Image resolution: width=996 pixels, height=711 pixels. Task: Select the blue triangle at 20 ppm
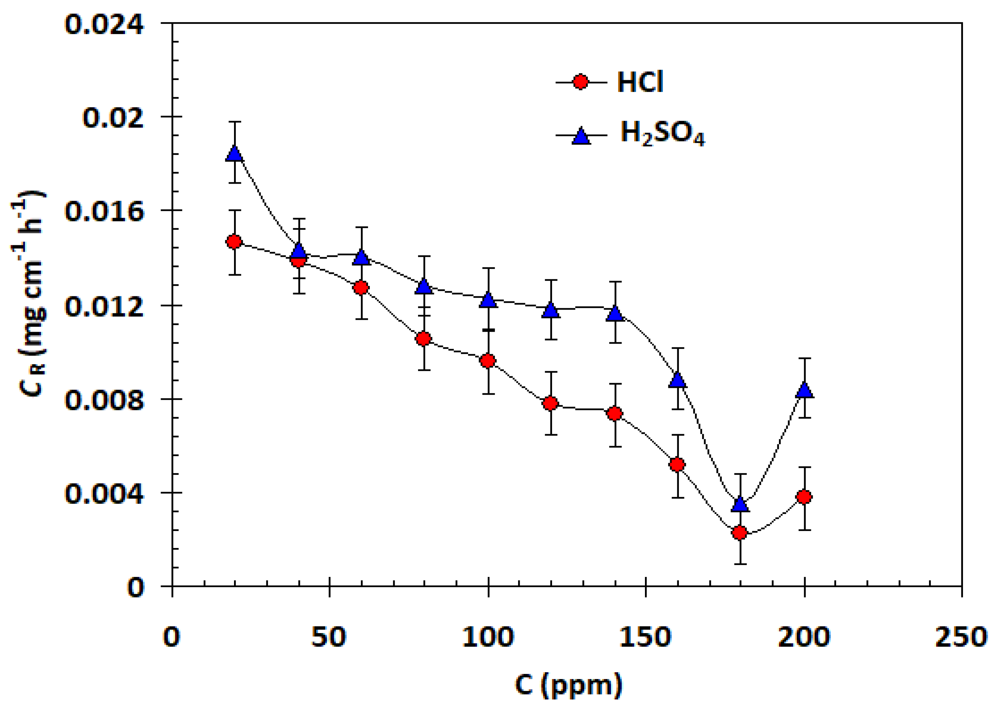click(x=235, y=154)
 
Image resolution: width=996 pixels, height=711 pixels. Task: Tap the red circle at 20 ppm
click(x=234, y=242)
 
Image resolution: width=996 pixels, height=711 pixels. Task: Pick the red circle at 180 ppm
click(x=740, y=533)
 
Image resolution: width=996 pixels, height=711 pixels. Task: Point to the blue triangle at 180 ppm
click(x=740, y=504)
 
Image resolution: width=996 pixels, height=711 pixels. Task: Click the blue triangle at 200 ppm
click(x=805, y=390)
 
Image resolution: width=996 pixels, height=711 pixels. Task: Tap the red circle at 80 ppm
click(x=424, y=338)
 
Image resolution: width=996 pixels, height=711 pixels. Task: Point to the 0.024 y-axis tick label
click(x=104, y=24)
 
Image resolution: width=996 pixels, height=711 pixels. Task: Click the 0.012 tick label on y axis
click(x=104, y=306)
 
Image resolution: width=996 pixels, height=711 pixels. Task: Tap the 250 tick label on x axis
click(x=961, y=637)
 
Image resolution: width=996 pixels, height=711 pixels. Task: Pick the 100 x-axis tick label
click(x=488, y=637)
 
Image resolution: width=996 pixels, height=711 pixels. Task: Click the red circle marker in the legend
click(x=581, y=82)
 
